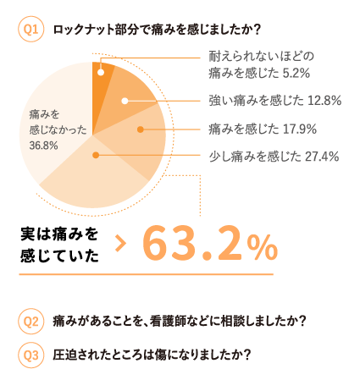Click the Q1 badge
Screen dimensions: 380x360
click(x=31, y=30)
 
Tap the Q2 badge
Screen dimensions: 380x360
click(x=31, y=322)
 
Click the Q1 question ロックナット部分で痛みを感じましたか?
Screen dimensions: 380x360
click(x=144, y=30)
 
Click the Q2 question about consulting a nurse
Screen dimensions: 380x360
click(x=179, y=322)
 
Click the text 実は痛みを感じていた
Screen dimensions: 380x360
click(x=58, y=244)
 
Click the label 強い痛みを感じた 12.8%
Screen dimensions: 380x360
click(x=274, y=101)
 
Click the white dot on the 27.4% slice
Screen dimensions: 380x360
click(x=97, y=155)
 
